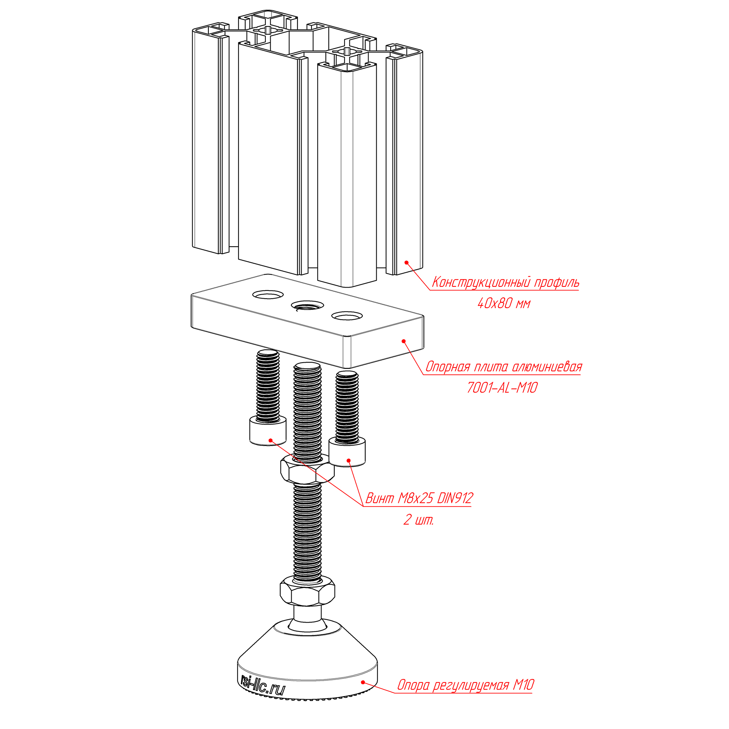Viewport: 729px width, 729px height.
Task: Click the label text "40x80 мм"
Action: [x=504, y=303]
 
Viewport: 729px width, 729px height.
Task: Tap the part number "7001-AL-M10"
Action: [x=502, y=388]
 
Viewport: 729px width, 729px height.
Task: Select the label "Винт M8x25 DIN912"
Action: [x=419, y=498]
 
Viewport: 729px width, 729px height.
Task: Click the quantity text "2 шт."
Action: [x=419, y=520]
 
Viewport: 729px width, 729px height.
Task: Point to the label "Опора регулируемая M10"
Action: [x=465, y=685]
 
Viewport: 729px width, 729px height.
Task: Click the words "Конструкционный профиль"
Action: [x=505, y=282]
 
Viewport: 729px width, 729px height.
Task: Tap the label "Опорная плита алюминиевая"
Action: [x=504, y=366]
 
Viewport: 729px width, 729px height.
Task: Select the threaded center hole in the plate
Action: [x=307, y=305]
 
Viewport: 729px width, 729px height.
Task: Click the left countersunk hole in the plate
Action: [x=268, y=294]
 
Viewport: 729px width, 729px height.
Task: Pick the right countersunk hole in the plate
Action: [x=347, y=316]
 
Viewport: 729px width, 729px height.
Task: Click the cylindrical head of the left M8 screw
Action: [x=268, y=431]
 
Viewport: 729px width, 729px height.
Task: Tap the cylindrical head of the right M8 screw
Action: [x=347, y=452]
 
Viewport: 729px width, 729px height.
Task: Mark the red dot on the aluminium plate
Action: [x=404, y=341]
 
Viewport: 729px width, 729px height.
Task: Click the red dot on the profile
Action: [x=406, y=263]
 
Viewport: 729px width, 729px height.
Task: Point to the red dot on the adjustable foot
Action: [x=363, y=682]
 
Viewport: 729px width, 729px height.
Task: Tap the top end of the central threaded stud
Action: [x=307, y=366]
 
